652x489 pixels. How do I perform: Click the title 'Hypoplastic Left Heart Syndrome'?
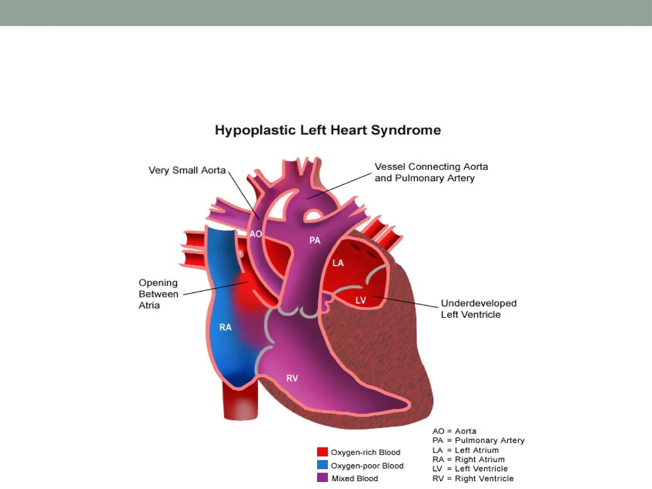(x=328, y=130)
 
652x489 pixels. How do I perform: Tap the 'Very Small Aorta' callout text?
(x=187, y=170)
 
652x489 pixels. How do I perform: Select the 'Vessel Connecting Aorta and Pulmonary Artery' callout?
(x=431, y=172)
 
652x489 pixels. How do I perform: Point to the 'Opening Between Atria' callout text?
(x=158, y=294)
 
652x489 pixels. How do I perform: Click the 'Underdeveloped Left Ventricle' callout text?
(x=478, y=309)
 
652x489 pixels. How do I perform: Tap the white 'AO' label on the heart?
(x=255, y=234)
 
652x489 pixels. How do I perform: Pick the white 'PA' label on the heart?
(x=315, y=240)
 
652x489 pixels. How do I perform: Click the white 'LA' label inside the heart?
(x=338, y=263)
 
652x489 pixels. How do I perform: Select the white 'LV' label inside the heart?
(x=360, y=300)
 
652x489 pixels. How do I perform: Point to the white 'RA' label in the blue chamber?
(x=225, y=327)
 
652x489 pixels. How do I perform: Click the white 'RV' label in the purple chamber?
(x=292, y=378)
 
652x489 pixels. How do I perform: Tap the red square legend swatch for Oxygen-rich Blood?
(x=322, y=452)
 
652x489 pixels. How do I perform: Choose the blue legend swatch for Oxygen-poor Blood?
(x=322, y=465)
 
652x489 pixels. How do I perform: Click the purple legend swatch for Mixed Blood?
(x=322, y=478)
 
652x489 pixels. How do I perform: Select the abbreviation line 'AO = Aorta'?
(x=454, y=431)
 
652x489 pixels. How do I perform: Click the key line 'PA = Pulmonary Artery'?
(x=478, y=440)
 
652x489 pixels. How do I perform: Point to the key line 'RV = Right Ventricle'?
(x=473, y=478)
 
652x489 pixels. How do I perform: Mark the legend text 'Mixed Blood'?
(x=355, y=478)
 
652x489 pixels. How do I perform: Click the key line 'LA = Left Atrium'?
(x=465, y=450)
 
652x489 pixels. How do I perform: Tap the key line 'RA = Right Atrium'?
(x=468, y=459)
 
